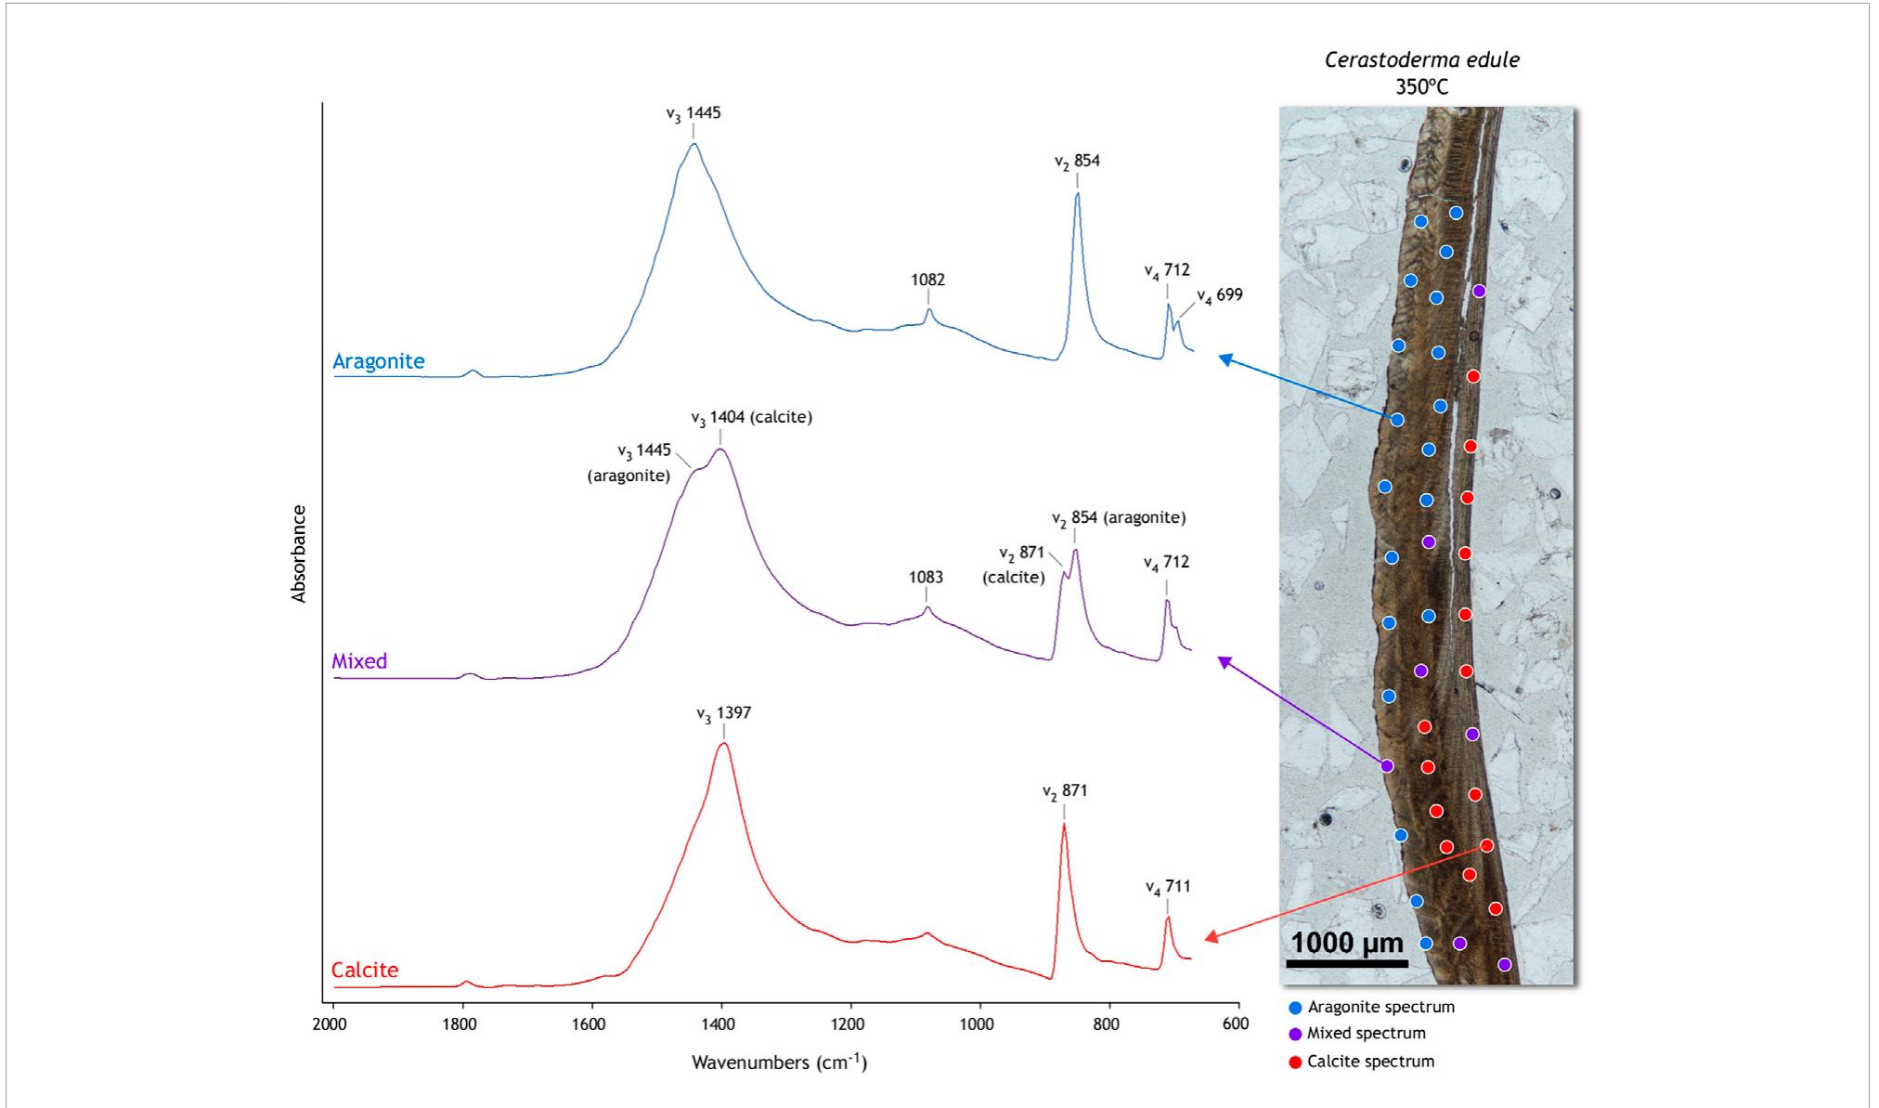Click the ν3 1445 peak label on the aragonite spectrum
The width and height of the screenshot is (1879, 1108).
[693, 113]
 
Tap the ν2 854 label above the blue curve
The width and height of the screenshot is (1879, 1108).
[1077, 162]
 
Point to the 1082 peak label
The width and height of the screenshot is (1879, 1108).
[927, 280]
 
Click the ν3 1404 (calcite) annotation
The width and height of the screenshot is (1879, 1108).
[751, 418]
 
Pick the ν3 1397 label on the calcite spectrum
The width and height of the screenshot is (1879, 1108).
[723, 713]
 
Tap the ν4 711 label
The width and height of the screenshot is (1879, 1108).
[1167, 887]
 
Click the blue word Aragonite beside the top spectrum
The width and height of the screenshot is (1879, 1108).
[378, 361]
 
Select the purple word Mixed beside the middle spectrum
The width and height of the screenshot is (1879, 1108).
[359, 661]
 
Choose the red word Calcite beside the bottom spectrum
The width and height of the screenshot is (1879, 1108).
[365, 970]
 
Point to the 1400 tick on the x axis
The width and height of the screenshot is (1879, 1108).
[719, 1024]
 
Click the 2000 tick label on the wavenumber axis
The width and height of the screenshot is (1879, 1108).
[330, 1024]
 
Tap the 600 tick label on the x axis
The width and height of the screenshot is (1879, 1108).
[1236, 1024]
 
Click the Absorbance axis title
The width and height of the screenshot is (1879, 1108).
[299, 554]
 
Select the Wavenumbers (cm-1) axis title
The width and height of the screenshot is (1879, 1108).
[779, 1062]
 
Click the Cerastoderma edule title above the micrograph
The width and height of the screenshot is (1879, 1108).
[1421, 60]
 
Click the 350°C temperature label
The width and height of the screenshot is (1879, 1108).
[1421, 87]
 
